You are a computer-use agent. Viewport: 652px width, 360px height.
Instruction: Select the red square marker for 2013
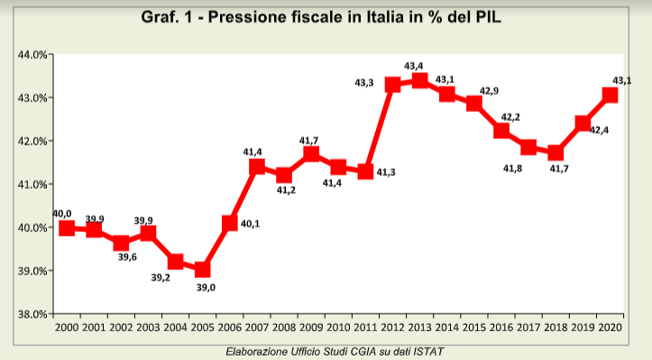[x=419, y=80]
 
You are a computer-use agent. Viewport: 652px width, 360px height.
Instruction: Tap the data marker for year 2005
[x=202, y=270]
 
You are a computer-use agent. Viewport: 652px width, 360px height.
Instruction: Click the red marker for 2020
[x=610, y=94]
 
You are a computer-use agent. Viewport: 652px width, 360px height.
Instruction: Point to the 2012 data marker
[x=392, y=85]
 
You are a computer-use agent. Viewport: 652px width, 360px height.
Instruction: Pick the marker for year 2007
[x=257, y=167]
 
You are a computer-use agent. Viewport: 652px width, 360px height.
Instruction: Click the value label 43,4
[x=415, y=65]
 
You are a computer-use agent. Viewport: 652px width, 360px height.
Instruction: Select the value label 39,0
[x=207, y=288]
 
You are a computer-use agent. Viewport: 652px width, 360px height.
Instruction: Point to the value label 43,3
[x=364, y=83]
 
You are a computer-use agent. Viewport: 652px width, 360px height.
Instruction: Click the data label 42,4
[x=600, y=130]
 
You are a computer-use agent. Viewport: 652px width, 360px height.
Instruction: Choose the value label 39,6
[x=126, y=257]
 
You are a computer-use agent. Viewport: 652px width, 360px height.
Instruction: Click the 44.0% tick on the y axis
[x=32, y=55]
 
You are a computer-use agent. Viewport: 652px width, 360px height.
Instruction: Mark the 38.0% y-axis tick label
[x=32, y=314]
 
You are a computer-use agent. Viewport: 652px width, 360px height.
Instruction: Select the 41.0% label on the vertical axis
[x=32, y=184]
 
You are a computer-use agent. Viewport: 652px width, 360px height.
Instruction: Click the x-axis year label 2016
[x=501, y=327]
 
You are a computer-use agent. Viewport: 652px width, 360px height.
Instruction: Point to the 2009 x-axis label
[x=311, y=327]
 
